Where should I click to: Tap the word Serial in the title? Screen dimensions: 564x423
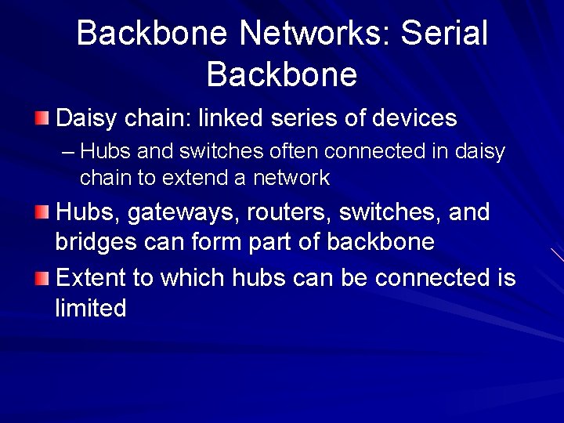(x=443, y=33)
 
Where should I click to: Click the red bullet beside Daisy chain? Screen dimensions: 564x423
(x=43, y=119)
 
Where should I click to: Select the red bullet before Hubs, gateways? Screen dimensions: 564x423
(x=43, y=211)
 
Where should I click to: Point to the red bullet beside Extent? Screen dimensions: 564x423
(x=43, y=277)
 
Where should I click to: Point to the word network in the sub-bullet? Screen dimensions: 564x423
(x=291, y=179)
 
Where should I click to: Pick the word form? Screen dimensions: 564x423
(x=215, y=242)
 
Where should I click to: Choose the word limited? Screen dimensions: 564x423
(x=90, y=308)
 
